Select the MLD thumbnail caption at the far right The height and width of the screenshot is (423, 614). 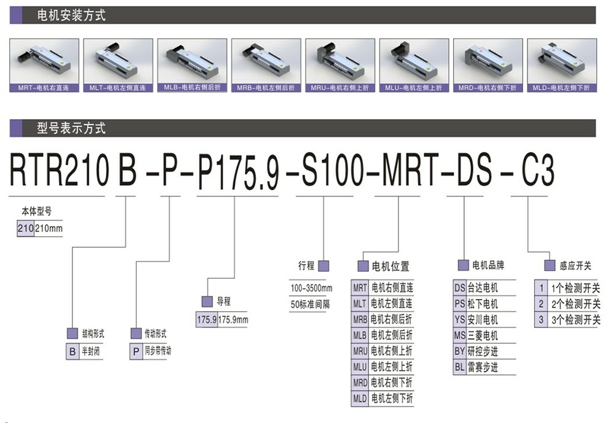tap(562, 88)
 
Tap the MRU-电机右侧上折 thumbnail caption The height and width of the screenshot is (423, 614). tap(340, 88)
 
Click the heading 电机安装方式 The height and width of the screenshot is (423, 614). tap(71, 15)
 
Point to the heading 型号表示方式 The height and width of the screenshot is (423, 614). tap(71, 128)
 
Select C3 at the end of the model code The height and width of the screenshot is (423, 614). tap(538, 171)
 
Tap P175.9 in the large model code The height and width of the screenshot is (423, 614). tap(238, 171)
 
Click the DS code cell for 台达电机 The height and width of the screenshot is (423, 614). tap(460, 288)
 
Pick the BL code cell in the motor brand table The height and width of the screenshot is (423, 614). tap(460, 367)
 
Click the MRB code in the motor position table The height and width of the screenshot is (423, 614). tap(360, 320)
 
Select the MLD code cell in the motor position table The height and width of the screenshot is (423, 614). tap(360, 398)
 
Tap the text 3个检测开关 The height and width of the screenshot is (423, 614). tap(576, 320)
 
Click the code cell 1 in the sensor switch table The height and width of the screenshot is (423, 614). tap(541, 289)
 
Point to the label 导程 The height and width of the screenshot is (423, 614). tap(223, 301)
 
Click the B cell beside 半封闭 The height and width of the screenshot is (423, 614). tap(72, 352)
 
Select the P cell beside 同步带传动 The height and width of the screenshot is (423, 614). tap(136, 352)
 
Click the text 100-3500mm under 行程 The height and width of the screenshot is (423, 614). tap(311, 289)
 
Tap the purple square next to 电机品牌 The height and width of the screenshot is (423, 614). tap(464, 265)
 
